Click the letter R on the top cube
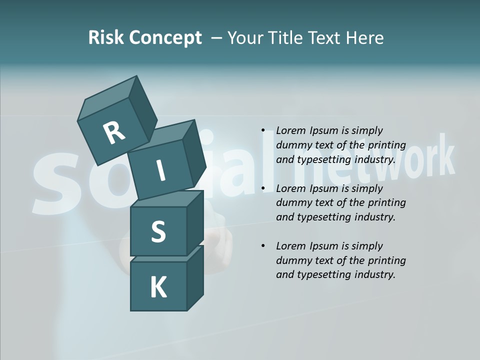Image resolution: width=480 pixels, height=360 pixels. [x=114, y=133]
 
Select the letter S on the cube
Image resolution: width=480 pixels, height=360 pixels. [x=158, y=231]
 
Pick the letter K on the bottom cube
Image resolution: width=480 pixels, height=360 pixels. [x=158, y=287]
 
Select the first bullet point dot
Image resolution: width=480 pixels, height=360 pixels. [x=263, y=131]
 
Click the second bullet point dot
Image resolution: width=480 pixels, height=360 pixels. [x=263, y=188]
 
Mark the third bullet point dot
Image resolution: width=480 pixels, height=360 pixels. [x=263, y=246]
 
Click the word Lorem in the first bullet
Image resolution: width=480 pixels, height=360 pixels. [x=290, y=131]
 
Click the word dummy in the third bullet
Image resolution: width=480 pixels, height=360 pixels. [x=293, y=260]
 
